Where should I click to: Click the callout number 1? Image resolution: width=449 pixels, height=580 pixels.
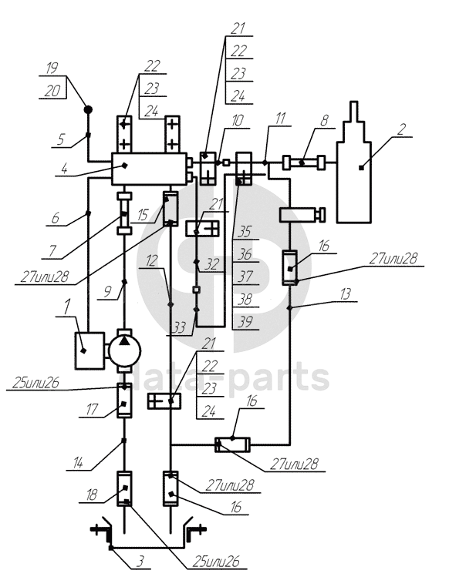coord(66,307)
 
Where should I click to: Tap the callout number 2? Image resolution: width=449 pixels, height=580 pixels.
coord(401,129)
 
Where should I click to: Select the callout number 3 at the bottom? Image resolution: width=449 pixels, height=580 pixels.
coord(140,562)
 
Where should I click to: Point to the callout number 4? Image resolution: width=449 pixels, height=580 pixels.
coord(65,169)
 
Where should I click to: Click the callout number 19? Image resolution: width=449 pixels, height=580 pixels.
coord(52,68)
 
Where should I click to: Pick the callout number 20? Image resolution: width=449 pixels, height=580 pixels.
coord(52,91)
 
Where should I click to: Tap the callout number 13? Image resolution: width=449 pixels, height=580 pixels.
coord(345,294)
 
